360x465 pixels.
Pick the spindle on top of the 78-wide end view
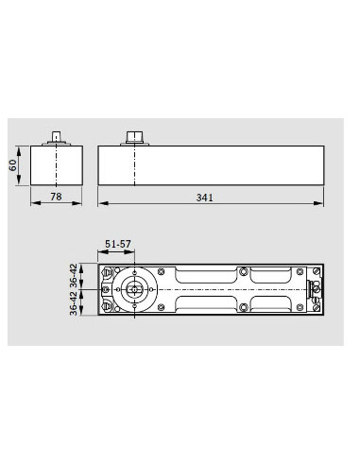(x=57, y=137)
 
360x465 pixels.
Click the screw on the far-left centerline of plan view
(x=105, y=289)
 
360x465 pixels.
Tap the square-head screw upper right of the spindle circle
(x=145, y=274)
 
